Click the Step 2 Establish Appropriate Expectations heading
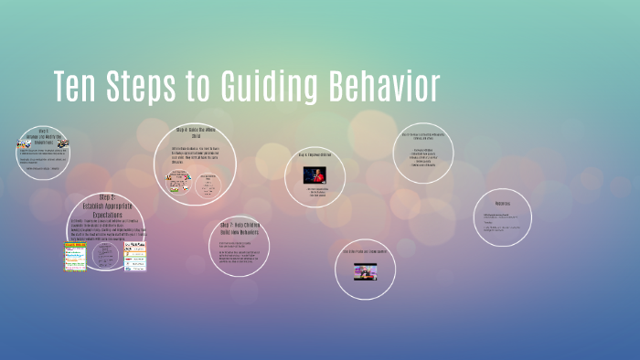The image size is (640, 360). point(105,206)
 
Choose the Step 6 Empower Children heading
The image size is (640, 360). point(316,155)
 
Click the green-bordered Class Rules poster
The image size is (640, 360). point(76,256)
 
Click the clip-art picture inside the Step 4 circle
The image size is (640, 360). point(177,180)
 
